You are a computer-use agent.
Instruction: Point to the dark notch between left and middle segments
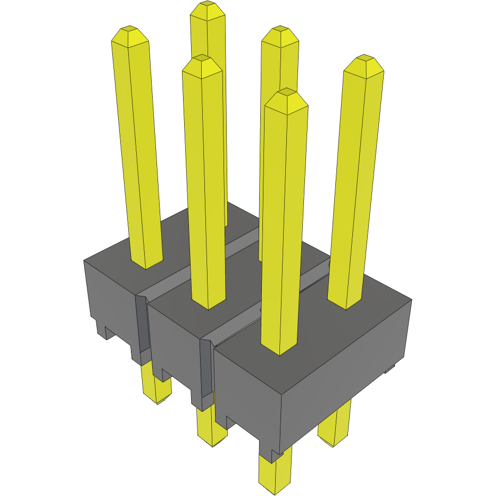click(x=141, y=325)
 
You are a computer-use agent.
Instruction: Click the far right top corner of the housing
click(x=412, y=300)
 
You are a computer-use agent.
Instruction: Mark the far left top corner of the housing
click(x=85, y=261)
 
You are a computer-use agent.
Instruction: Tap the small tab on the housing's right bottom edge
click(x=390, y=368)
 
